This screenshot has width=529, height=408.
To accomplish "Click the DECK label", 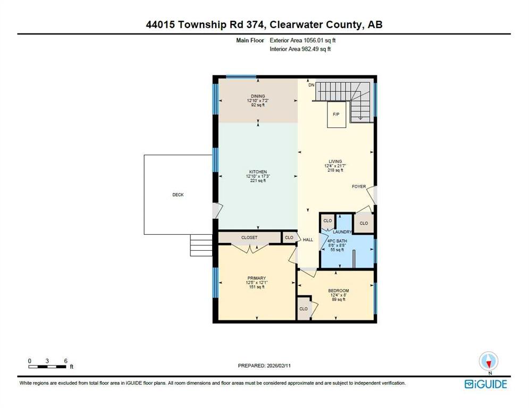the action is (178, 194).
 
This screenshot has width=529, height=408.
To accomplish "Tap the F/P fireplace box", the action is (337, 115).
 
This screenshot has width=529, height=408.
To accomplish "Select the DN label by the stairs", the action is (312, 85).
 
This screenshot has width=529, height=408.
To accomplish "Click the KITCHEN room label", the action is (258, 172).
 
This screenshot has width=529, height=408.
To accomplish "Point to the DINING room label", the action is (258, 96).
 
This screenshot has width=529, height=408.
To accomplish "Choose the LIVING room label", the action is (335, 161).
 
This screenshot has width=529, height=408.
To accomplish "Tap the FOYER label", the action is (359, 186).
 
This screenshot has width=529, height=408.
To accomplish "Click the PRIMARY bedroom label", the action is (257, 278).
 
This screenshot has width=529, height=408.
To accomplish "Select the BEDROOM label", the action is (338, 291).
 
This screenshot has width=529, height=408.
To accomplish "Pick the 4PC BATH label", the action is (337, 241).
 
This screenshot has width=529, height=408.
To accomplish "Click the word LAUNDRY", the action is (342, 232).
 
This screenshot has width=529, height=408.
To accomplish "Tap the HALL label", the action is (308, 240).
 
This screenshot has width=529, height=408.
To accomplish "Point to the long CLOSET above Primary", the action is (249, 237).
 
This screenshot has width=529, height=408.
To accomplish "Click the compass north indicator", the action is (489, 361).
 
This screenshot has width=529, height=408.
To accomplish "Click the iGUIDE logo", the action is (486, 384).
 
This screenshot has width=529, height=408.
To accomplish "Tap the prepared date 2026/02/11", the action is (279, 365).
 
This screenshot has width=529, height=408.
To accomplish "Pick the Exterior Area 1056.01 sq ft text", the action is (303, 40).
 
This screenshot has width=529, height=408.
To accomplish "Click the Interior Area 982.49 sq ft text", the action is (300, 49).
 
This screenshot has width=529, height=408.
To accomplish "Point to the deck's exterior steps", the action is (201, 245).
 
